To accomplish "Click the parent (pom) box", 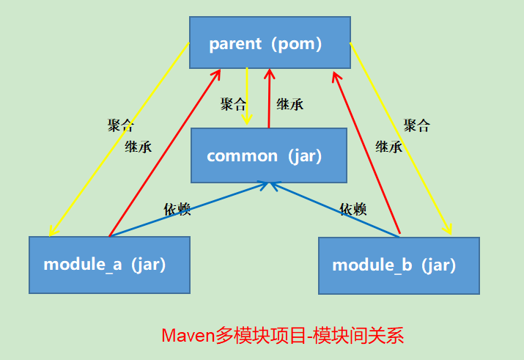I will click(x=269, y=43).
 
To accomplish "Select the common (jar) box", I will click(x=268, y=155).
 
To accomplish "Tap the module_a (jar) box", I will click(x=109, y=265).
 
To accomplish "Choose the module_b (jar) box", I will click(x=399, y=265).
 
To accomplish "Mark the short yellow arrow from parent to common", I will click(x=248, y=95).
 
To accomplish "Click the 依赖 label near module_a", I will click(x=177, y=210).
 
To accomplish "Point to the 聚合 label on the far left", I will click(x=121, y=125).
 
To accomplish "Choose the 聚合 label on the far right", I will click(x=417, y=125).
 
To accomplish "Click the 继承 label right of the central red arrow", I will click(x=290, y=104).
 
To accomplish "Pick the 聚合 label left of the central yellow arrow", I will click(x=234, y=104).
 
